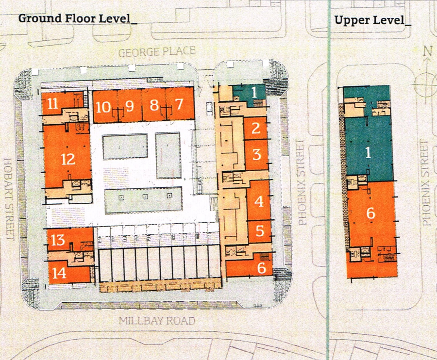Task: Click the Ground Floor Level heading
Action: point(78,18)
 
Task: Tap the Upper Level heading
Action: point(372,20)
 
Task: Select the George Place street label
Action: point(157,52)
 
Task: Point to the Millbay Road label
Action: point(157,321)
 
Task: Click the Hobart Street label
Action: point(8,199)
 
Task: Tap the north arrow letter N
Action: point(427,51)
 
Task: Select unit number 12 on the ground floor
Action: point(68,160)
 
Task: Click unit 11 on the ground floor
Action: point(52,103)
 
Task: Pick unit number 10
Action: point(103,107)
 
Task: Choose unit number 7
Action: point(179,104)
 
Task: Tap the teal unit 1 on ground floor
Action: point(254,92)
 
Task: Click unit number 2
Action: point(256,128)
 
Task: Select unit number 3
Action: point(257,154)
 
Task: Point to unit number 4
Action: point(259,201)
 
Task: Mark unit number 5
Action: point(260,231)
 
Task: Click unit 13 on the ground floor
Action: point(58,240)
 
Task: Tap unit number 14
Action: point(59,273)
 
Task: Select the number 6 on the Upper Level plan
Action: point(370,213)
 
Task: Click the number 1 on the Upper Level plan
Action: point(368,152)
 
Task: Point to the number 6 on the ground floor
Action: point(261,268)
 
